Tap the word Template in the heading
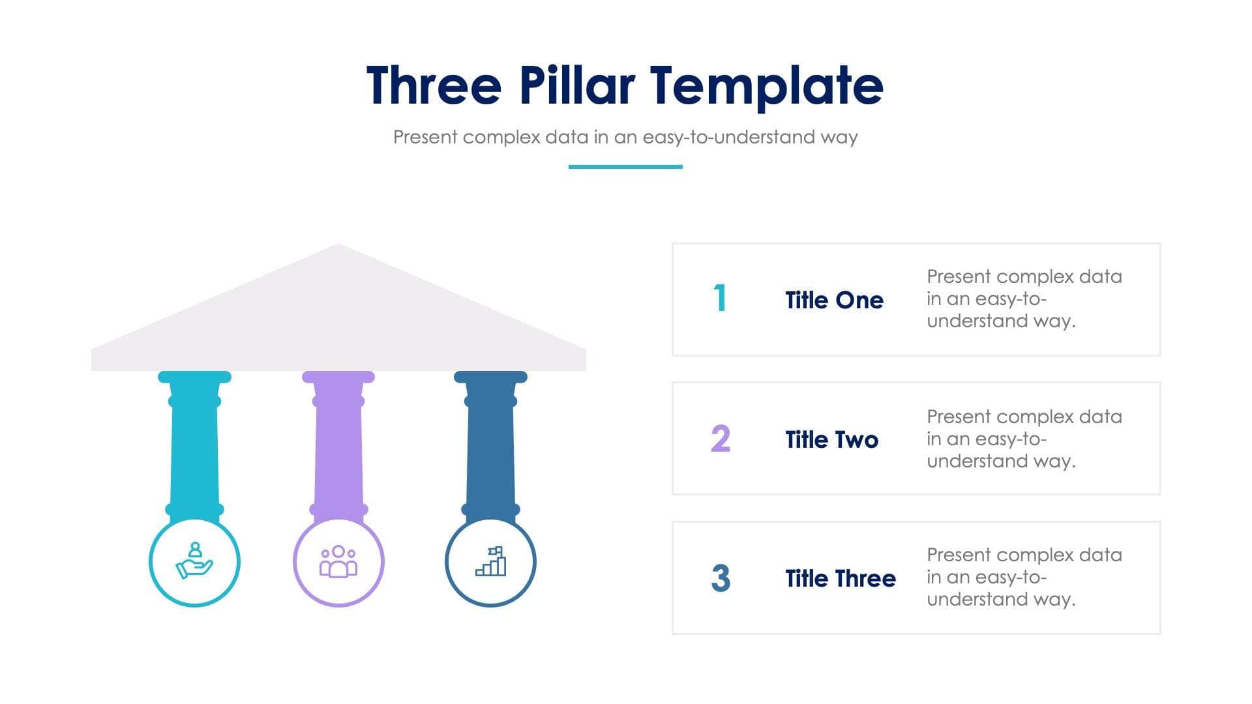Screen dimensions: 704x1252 click(766, 86)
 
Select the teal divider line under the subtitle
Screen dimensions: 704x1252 click(625, 167)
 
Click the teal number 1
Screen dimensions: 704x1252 click(720, 299)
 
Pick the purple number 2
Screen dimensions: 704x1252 click(720, 439)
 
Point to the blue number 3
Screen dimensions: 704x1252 click(720, 578)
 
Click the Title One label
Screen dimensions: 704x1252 click(834, 300)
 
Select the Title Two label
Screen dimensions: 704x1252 click(831, 439)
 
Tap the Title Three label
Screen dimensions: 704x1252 click(840, 578)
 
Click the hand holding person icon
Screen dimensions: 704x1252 click(194, 561)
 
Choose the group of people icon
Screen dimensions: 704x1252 click(338, 562)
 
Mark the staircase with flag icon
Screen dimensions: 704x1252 click(491, 561)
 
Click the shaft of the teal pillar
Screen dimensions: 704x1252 click(194, 456)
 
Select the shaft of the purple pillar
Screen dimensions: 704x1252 click(338, 456)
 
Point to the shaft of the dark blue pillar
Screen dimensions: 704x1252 click(490, 456)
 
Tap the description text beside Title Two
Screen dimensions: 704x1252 click(1024, 439)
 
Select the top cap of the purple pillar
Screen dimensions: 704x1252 click(338, 377)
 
